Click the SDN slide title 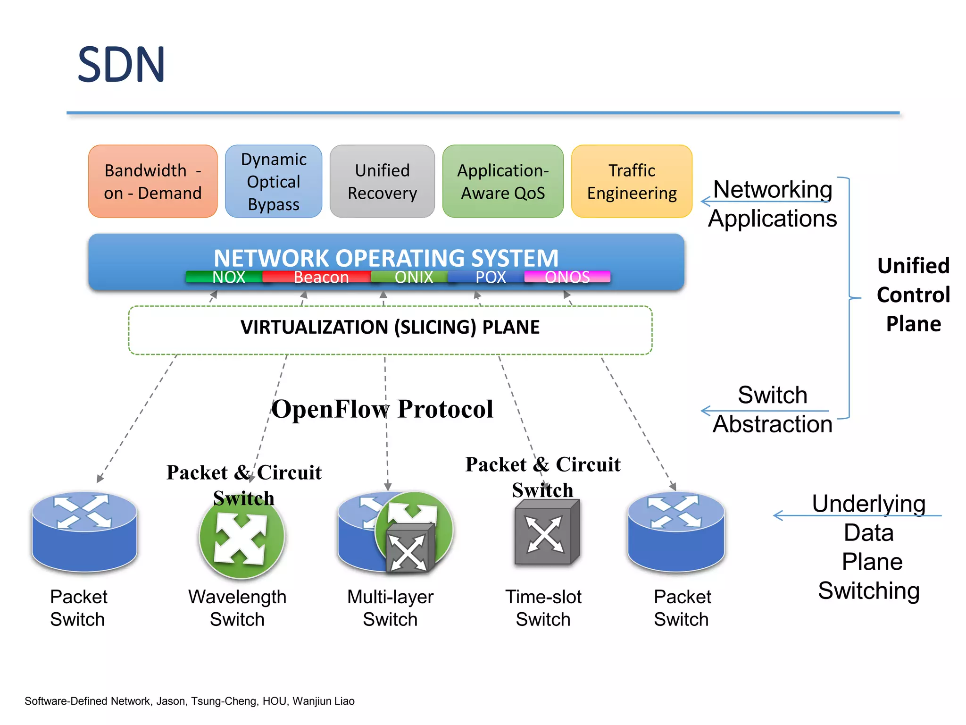point(121,65)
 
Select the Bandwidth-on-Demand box point(153,182)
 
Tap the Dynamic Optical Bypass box point(274,182)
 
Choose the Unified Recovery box point(382,182)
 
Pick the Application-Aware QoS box point(503,182)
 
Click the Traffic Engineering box point(632,182)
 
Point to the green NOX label point(228,277)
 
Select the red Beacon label point(321,277)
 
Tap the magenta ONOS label point(567,277)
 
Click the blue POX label point(491,277)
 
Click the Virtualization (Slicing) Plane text point(390,327)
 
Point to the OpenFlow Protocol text point(382,409)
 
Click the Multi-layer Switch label point(390,608)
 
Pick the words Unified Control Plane point(913,295)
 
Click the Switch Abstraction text point(772,409)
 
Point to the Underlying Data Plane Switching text point(869,547)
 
